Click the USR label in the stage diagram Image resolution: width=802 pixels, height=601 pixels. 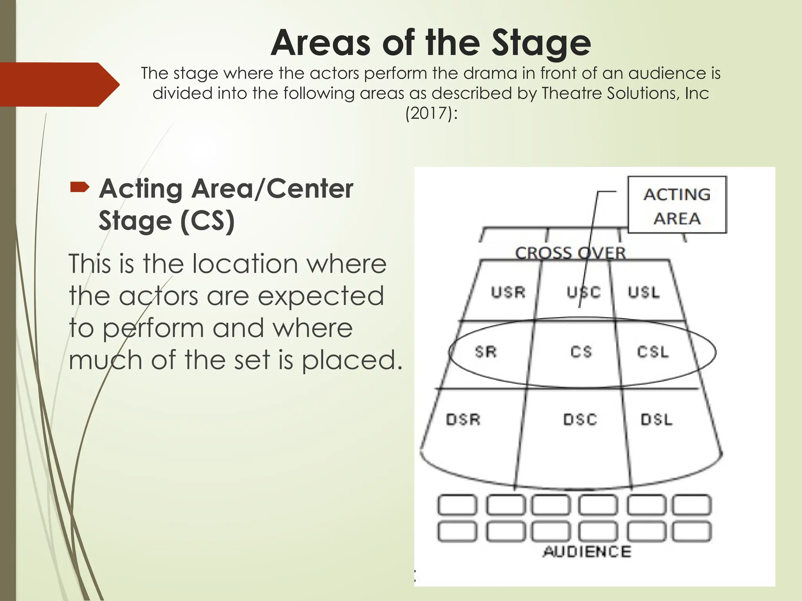pyautogui.click(x=508, y=292)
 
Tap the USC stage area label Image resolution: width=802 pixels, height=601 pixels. pyautogui.click(x=583, y=292)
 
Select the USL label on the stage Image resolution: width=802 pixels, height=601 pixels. pyautogui.click(x=644, y=292)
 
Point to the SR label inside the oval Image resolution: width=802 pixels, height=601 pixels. pyautogui.click(x=486, y=352)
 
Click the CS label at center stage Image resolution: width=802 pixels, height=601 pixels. pyautogui.click(x=581, y=352)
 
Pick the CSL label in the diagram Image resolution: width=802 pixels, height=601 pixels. pyautogui.click(x=653, y=352)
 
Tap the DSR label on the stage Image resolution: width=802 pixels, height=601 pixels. pyautogui.click(x=463, y=419)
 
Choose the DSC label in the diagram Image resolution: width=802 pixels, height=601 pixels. pyautogui.click(x=580, y=419)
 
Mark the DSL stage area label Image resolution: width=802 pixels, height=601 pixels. pyautogui.click(x=656, y=419)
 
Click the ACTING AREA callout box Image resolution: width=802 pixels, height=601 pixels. pyautogui.click(x=677, y=205)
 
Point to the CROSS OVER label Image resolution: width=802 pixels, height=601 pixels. pyautogui.click(x=570, y=253)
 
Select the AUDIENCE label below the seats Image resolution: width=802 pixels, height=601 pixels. pyautogui.click(x=587, y=551)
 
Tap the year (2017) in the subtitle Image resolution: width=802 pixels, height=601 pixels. pyautogui.click(x=431, y=113)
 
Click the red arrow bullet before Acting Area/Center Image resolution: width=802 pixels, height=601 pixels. pyautogui.click(x=80, y=188)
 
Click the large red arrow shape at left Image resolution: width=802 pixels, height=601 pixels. pyautogui.click(x=59, y=85)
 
